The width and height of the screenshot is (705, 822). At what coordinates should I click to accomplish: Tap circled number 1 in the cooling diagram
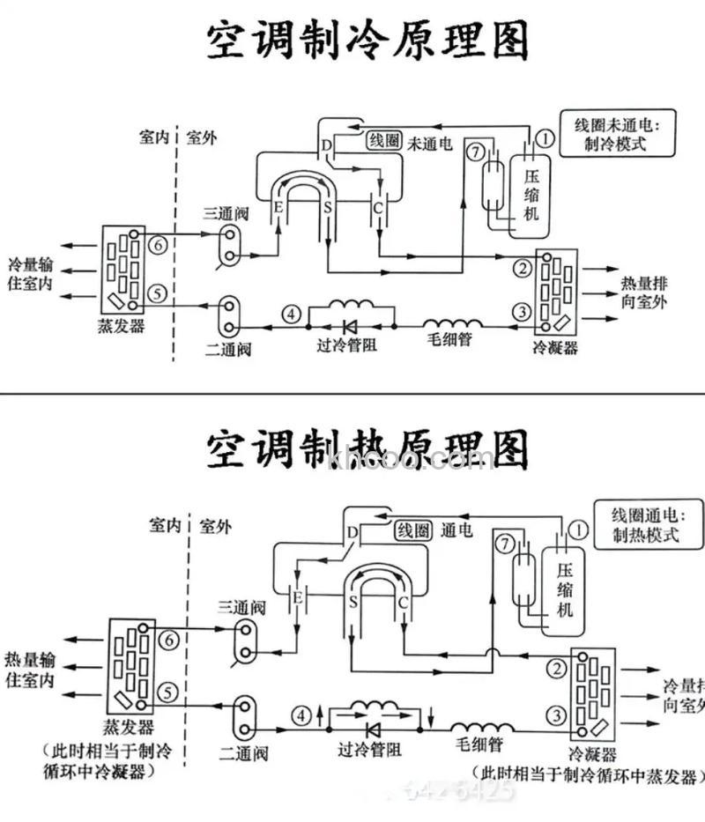(545, 137)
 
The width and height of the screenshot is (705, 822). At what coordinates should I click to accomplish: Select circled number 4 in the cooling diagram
(292, 313)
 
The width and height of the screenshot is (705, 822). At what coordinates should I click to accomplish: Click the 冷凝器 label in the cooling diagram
(556, 346)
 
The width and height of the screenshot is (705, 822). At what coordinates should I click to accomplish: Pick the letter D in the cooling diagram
(326, 144)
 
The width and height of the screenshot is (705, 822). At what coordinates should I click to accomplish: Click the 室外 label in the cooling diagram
(201, 137)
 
